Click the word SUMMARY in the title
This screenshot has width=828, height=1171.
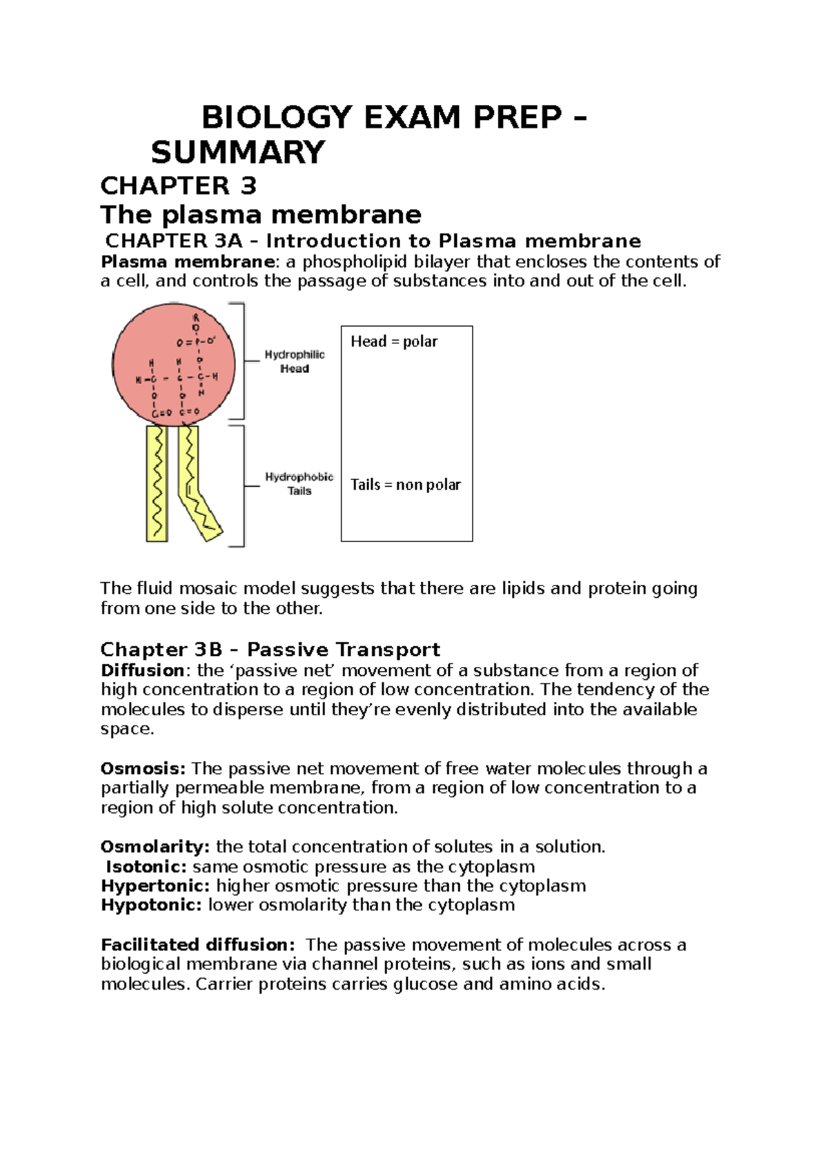[237, 152]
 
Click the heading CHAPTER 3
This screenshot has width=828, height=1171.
[178, 186]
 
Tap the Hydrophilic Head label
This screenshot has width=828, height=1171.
[295, 361]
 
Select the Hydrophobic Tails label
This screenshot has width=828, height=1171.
[299, 483]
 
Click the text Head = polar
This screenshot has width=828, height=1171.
[394, 341]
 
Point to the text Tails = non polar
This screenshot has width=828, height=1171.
[405, 485]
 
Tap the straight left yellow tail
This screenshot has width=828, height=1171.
[157, 483]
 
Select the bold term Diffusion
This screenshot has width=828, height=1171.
[142, 670]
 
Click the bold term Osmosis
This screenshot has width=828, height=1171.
[143, 768]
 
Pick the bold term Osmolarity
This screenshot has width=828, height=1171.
[155, 847]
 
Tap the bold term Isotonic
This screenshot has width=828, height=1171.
[146, 867]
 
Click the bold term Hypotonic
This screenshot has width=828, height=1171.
[151, 905]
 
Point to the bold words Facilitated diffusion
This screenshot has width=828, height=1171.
[197, 945]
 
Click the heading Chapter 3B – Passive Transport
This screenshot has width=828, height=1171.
[270, 650]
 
